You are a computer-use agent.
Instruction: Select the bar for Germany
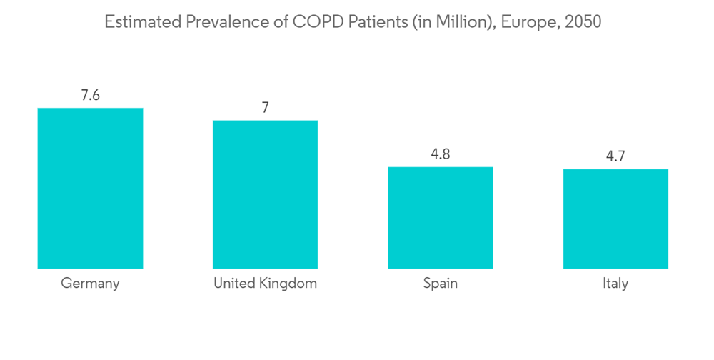click(x=90, y=188)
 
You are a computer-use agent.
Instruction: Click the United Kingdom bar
click(x=265, y=194)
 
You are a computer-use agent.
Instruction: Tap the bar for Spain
click(x=440, y=218)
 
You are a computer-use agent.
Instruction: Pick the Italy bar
click(x=615, y=219)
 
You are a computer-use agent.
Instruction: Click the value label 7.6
click(x=90, y=96)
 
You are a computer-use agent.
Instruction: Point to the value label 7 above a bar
click(x=265, y=108)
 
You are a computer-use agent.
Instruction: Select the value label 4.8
click(x=440, y=154)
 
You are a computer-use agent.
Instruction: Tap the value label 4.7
click(x=615, y=156)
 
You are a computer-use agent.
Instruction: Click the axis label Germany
click(x=90, y=284)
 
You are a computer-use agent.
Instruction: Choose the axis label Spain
click(x=440, y=284)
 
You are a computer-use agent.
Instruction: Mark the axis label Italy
click(x=615, y=284)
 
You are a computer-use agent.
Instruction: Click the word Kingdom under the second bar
click(x=288, y=284)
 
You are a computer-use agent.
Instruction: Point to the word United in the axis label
click(x=234, y=284)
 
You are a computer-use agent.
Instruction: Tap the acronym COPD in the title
click(x=315, y=22)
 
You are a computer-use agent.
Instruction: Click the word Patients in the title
click(x=377, y=22)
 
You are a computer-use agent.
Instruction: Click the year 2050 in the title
click(x=583, y=22)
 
